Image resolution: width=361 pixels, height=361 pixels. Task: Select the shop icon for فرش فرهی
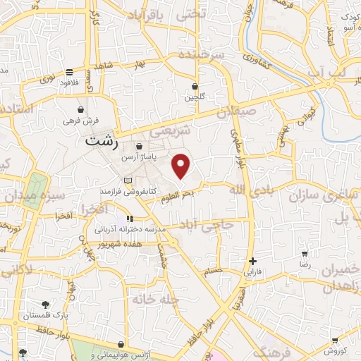pyautogui.click(x=82, y=110)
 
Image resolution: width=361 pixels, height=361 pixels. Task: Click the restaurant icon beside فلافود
pyautogui.click(x=69, y=73)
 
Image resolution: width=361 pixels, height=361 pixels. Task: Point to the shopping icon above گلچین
pyautogui.click(x=195, y=87)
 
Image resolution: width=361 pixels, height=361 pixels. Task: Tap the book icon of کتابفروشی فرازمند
pyautogui.click(x=128, y=181)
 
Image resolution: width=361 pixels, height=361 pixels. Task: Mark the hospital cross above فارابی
pyautogui.click(x=252, y=261)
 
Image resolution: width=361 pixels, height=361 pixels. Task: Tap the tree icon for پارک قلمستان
pyautogui.click(x=46, y=305)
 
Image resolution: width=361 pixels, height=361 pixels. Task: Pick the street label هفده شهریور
pyautogui.click(x=135, y=243)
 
